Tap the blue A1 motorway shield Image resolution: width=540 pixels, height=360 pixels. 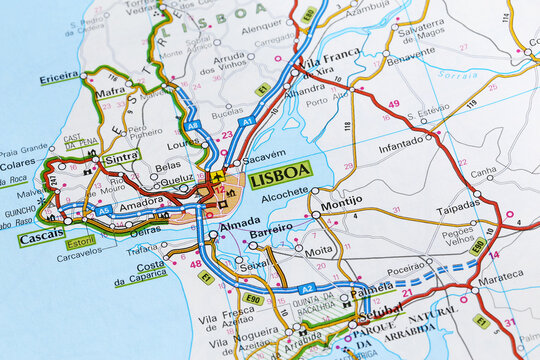[246, 120]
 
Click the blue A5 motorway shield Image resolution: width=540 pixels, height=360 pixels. [103, 211]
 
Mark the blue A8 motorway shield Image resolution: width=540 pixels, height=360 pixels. [193, 124]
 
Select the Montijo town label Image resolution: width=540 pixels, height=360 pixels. [341, 202]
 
